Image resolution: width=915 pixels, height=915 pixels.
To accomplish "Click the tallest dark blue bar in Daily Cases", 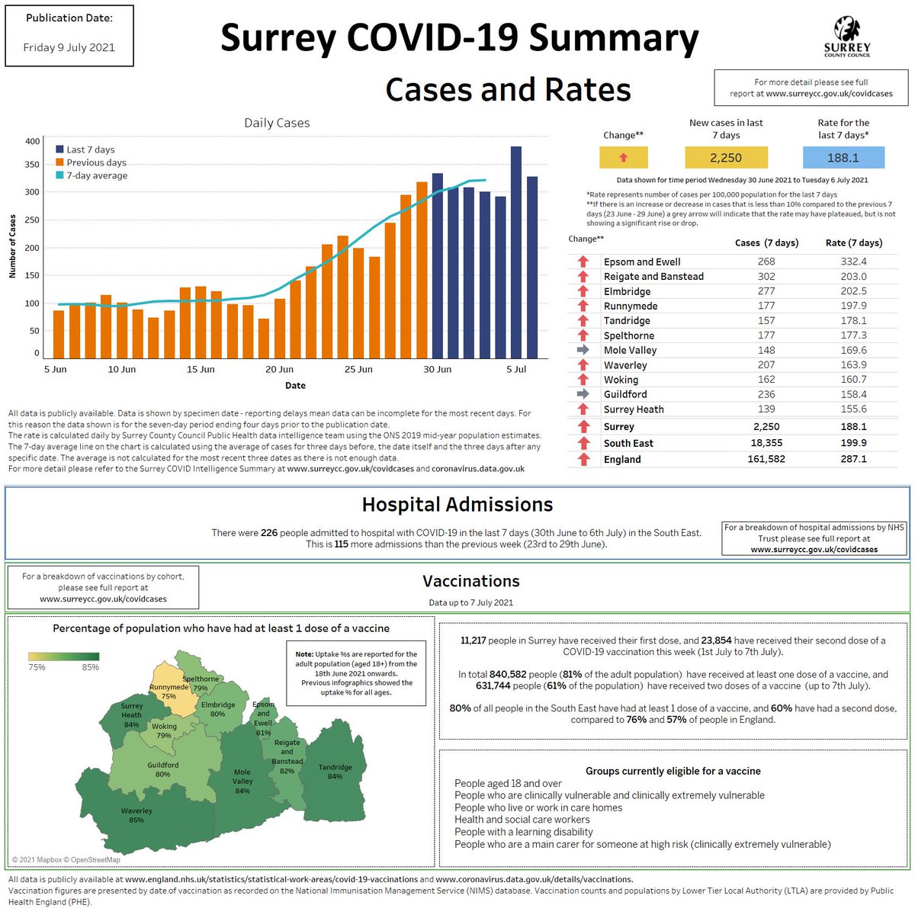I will point(516,252).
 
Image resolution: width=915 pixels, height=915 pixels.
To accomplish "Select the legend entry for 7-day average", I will point(96,175).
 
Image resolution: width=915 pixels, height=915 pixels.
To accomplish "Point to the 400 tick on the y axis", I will point(33,141).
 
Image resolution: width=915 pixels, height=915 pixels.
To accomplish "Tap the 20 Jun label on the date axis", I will point(280,370).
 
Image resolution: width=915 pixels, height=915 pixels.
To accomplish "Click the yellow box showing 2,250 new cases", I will point(725,158).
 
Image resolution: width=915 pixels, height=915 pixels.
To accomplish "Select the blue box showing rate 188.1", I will point(843,158).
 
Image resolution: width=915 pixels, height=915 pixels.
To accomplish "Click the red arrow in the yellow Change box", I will point(623,158).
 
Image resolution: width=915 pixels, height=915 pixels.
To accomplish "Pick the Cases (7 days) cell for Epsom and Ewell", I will point(766,262).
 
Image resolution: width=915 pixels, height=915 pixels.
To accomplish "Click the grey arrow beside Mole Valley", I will point(583,350).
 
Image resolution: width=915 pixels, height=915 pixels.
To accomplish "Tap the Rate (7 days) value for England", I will point(853,459).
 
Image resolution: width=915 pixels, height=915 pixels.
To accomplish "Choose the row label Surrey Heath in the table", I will point(634,409).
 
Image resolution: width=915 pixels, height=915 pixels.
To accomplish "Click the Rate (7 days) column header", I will point(854,242).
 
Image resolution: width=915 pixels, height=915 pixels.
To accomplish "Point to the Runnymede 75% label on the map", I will point(169,692).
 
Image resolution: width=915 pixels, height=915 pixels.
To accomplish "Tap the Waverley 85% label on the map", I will point(136,815).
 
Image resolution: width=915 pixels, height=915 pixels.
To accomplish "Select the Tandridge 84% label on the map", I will point(335,772).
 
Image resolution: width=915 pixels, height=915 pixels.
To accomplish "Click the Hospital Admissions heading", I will point(457,505).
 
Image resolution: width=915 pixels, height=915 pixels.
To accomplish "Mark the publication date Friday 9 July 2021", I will point(69,47).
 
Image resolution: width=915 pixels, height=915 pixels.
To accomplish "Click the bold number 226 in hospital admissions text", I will point(269,533).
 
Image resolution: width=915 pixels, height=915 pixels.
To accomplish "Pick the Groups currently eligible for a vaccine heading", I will point(673,771).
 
